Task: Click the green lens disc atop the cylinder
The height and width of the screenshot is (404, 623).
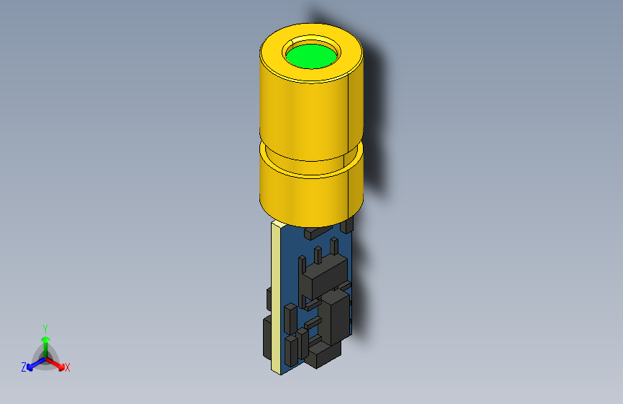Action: coord(312,56)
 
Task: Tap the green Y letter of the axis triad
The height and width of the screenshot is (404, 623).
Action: coord(45,329)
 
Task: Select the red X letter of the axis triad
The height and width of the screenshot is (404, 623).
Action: coord(67,367)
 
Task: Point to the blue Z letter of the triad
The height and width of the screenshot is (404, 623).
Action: coord(24,367)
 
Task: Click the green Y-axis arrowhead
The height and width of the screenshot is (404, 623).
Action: coord(46,339)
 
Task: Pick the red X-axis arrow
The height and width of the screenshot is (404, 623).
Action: coord(55,364)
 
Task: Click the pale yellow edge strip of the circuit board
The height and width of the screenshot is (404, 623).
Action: coord(276,298)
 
